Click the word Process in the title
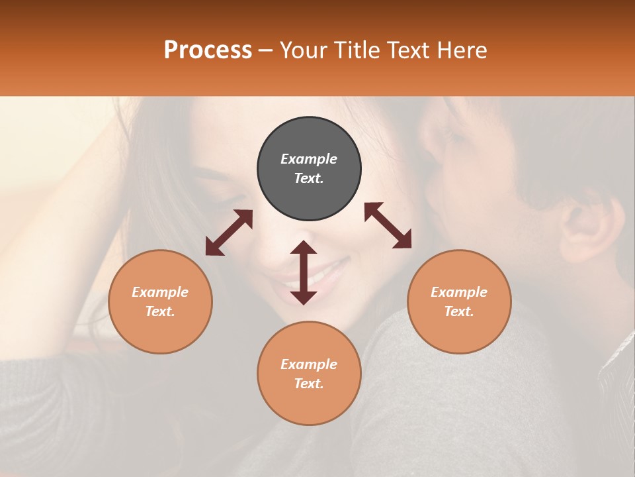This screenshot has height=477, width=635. point(208,50)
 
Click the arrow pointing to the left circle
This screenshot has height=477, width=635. point(229,233)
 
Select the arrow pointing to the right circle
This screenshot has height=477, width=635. point(388,225)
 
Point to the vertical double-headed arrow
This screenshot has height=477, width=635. point(304,272)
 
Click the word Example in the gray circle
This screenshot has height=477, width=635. point(309,159)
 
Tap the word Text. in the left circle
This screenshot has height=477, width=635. point(160,311)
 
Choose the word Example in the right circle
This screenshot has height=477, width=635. point(459,292)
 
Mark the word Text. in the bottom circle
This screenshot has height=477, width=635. point(309,384)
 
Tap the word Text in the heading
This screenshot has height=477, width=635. point(408,50)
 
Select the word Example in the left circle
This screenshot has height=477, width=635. point(160,292)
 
